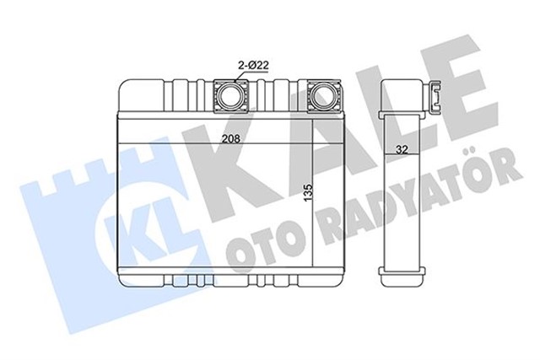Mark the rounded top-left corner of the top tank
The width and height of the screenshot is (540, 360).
(126, 85)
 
